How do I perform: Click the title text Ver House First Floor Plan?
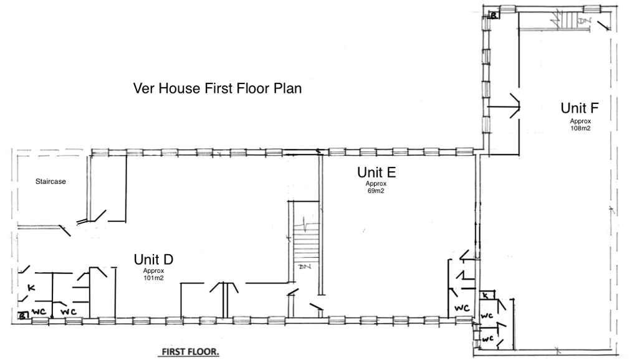point(218,88)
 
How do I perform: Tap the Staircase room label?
point(50,182)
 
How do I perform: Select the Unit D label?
point(153,259)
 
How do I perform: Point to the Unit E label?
point(376,173)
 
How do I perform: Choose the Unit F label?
point(580,108)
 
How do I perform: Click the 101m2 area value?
point(153,278)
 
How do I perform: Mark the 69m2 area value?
point(376,191)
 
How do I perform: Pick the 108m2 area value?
point(580,128)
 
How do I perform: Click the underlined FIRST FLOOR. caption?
point(190,352)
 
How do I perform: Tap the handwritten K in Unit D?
point(31,288)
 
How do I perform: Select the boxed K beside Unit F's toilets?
point(486,296)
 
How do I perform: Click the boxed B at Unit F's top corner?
point(494,16)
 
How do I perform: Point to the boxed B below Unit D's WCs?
point(23,315)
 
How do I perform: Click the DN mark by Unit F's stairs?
point(583,20)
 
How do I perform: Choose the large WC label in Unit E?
point(462,308)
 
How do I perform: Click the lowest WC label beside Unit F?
point(487,339)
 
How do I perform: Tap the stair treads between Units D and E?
point(306,247)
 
